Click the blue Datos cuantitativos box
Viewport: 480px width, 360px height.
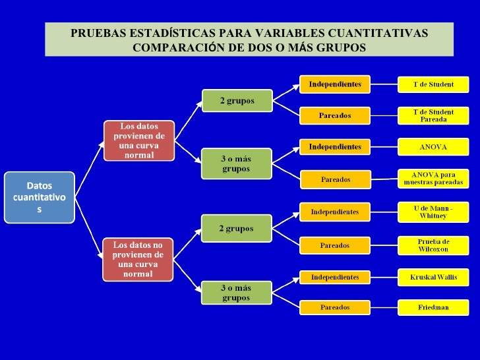(39, 197)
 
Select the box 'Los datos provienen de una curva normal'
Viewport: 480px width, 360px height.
(138, 140)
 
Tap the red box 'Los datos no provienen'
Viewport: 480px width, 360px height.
(138, 258)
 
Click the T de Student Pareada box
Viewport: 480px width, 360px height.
(433, 115)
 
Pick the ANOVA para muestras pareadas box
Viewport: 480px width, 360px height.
(433, 178)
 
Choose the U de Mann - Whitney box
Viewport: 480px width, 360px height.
(433, 212)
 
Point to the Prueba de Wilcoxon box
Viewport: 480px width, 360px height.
(433, 245)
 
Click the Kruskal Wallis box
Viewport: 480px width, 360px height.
(433, 277)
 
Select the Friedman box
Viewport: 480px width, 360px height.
(433, 307)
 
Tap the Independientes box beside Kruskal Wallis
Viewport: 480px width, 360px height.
(335, 277)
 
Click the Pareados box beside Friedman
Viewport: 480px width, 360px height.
(335, 307)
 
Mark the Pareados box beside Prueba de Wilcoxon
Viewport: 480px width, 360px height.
(335, 245)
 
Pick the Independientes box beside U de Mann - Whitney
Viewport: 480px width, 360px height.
(335, 212)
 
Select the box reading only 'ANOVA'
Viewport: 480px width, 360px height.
(433, 146)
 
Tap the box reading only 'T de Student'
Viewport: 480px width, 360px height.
(433, 84)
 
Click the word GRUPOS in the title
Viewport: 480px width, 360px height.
(339, 48)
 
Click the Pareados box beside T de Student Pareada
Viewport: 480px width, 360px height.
(335, 115)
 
